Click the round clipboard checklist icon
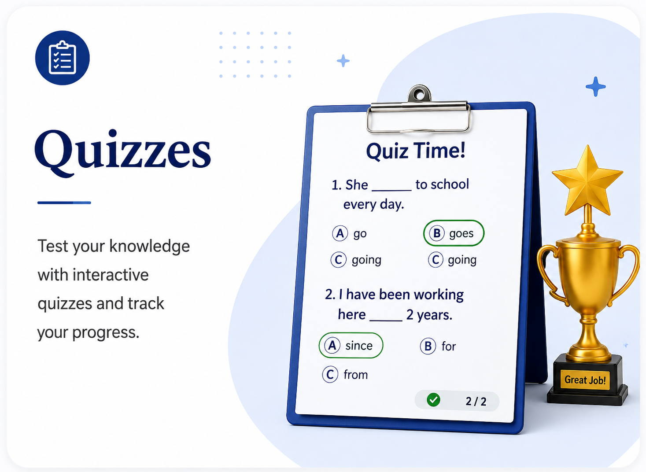click(62, 58)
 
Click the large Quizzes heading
click(122, 153)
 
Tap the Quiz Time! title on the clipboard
click(416, 151)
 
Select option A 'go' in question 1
click(349, 233)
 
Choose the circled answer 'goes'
click(454, 233)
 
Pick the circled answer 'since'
click(351, 346)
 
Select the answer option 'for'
click(438, 346)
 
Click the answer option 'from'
click(345, 375)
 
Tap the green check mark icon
click(433, 400)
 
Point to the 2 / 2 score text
click(476, 401)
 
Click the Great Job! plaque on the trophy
click(585, 380)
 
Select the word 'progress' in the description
click(105, 333)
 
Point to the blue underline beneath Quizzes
click(64, 203)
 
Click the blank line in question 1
click(391, 190)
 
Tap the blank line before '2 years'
click(386, 321)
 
